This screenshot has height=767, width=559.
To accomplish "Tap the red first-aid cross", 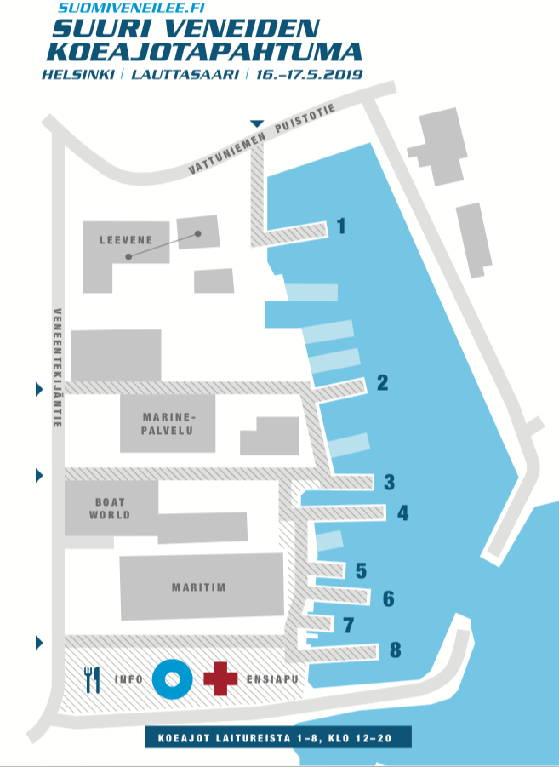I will pyautogui.click(x=220, y=678).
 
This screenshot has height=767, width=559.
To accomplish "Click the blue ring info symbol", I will pyautogui.click(x=169, y=678).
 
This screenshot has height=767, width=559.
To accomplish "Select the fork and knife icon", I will pyautogui.click(x=93, y=679).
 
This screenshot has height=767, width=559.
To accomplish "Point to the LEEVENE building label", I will pyautogui.click(x=126, y=240).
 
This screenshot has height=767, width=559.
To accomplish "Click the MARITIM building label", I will pyautogui.click(x=202, y=587).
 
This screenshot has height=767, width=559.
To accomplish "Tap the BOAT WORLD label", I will pyautogui.click(x=110, y=509).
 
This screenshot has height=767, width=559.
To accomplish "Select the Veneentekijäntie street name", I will pyautogui.click(x=57, y=367).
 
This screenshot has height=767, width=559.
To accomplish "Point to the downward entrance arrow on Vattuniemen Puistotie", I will pyautogui.click(x=257, y=124).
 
